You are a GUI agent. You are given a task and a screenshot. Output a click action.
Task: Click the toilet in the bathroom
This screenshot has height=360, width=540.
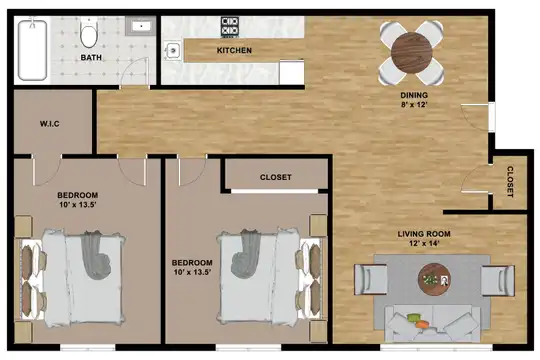point(89,33)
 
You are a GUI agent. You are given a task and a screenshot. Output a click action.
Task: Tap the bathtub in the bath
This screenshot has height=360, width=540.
point(32,50)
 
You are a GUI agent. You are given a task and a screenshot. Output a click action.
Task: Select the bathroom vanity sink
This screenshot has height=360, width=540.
point(141,26)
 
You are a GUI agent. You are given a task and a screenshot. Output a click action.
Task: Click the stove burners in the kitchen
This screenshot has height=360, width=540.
point(230,27)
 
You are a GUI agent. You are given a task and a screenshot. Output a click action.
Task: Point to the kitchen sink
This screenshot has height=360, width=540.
point(173,51)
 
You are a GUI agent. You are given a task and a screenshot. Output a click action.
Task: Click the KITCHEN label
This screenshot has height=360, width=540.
point(234,50)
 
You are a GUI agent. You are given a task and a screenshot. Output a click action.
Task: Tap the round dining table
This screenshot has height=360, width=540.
point(412,52)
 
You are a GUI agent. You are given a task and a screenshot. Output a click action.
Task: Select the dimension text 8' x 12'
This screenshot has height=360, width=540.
point(414,104)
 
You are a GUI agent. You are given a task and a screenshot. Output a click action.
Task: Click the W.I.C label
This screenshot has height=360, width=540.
point(50,124)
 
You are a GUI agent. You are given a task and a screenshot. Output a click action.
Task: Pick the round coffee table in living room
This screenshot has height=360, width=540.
point(434,279)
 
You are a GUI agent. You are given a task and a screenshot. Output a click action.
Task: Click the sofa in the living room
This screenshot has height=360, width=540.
point(432,324)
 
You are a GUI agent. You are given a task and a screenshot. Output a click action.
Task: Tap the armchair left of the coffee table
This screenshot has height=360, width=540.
point(370,279)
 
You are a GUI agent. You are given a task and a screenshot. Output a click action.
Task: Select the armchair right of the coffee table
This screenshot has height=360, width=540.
point(498,280)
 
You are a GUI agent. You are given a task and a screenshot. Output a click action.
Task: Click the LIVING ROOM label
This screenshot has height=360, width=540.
point(424,234)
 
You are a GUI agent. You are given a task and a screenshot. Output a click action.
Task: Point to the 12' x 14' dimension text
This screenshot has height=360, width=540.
point(424,244)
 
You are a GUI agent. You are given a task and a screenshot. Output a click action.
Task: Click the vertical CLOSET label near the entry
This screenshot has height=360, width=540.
point(510,182)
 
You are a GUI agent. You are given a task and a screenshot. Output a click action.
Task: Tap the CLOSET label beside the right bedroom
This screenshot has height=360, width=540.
point(276,177)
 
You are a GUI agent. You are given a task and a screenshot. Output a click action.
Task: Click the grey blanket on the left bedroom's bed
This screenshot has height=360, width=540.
point(95,254)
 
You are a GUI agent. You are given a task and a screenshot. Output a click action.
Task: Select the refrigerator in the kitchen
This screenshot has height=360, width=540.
point(292,72)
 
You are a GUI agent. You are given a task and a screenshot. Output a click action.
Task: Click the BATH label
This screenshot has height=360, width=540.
point(91,57)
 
